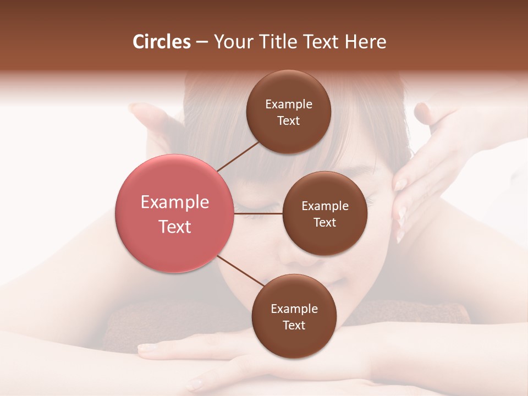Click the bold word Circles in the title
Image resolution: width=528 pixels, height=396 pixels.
coord(162,42)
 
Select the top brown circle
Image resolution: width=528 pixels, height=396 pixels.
coord(288,88)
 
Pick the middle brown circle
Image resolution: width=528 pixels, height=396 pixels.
coord(324,242)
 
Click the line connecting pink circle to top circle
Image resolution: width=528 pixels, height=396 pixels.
coord(238,156)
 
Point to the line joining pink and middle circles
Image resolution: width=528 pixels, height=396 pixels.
coord(258,213)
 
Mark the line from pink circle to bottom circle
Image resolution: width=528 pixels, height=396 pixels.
coord(241,271)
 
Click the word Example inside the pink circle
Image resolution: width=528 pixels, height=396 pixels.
coord(174,202)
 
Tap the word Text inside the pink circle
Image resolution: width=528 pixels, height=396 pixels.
coord(174,227)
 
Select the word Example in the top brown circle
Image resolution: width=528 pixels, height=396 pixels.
coord(288,105)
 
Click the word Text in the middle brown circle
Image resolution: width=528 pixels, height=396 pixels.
coord(324,222)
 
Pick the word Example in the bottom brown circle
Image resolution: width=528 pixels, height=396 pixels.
coord(294,309)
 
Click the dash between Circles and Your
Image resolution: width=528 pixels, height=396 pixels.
coord(202,42)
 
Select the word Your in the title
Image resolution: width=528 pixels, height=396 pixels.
coord(232,42)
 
